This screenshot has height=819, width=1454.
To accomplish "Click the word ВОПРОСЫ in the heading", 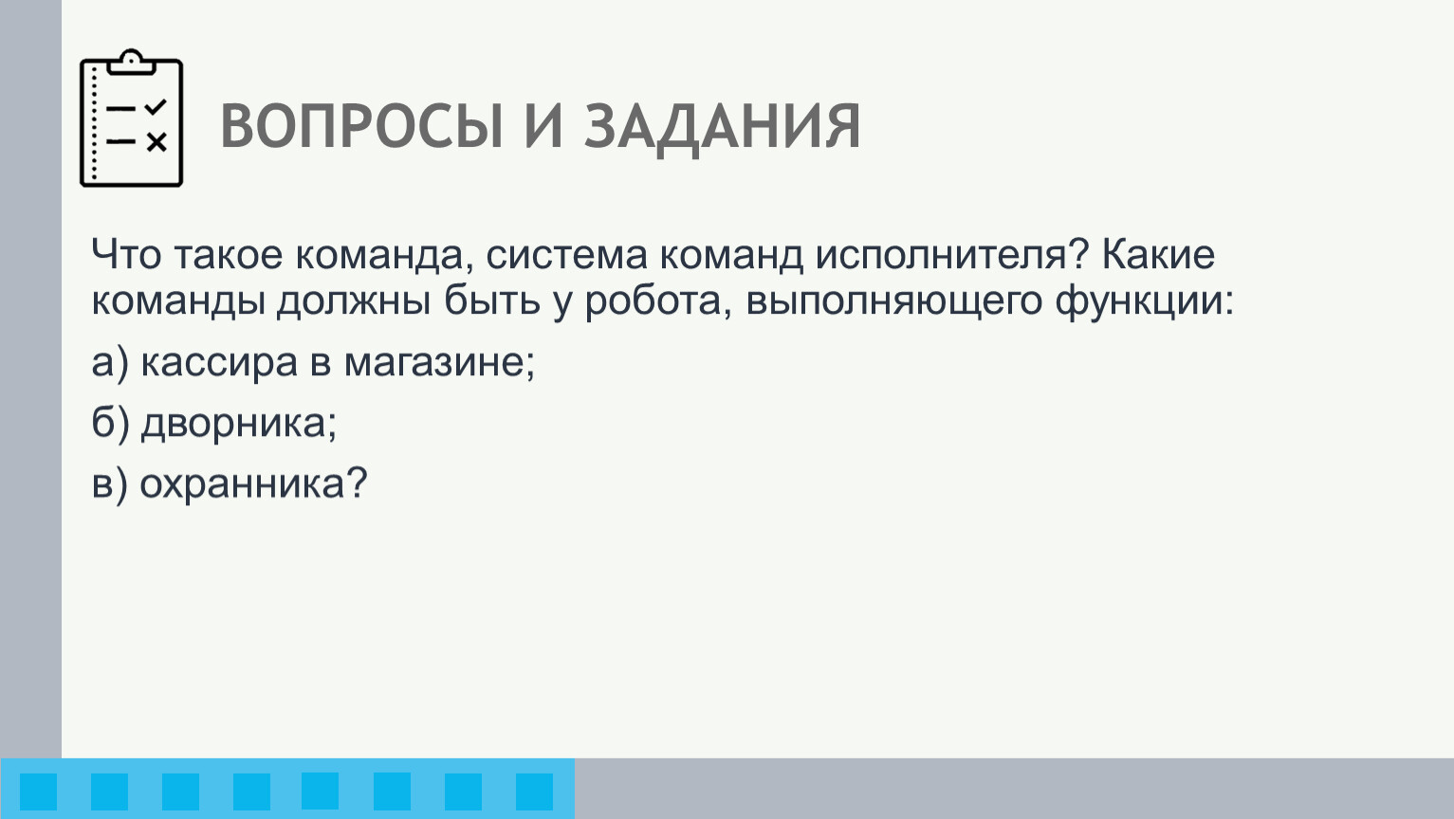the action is coord(361,126).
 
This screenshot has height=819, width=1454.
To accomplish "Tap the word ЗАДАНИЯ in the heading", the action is coord(723,129).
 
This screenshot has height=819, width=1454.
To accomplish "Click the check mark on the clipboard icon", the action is coord(156,107).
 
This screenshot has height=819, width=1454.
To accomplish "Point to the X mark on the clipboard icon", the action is coord(156,142).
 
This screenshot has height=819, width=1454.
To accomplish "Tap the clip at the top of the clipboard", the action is coord(131,62).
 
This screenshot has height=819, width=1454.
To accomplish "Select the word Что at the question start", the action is coord(126,254).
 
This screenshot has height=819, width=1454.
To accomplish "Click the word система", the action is coord(566,254).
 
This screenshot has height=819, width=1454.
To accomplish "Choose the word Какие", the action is coord(1158,254).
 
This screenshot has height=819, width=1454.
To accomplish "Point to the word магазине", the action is coord(439,363).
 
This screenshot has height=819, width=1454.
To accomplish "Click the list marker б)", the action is coord(110,424).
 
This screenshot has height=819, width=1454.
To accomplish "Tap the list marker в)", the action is coord(110,484).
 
